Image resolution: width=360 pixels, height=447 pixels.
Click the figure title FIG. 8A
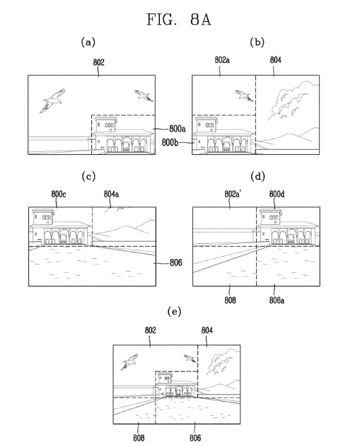coord(179,20)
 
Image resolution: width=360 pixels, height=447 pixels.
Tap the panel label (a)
coord(88,42)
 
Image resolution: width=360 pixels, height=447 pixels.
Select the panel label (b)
coord(257,42)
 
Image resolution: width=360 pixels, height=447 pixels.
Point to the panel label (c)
coord(88,176)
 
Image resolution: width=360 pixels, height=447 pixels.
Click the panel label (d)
coord(257,176)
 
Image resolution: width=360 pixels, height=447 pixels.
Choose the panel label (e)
coord(174,311)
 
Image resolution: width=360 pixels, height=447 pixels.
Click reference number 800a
coord(178,129)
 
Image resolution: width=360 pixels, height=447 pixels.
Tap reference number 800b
coord(170,142)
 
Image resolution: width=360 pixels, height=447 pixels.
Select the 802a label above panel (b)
coord(222,60)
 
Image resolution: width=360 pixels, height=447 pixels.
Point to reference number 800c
coord(59,195)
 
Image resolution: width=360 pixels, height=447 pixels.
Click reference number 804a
coord(112,195)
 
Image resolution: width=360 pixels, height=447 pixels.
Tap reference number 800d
coord(277,195)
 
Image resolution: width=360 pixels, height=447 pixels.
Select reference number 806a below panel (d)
coord(277,300)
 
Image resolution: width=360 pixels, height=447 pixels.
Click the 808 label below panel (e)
coord(139,438)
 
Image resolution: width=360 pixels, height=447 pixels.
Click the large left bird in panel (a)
coord(53,100)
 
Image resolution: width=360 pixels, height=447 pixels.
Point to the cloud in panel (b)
coord(293,100)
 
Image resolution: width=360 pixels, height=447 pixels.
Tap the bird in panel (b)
coord(244,95)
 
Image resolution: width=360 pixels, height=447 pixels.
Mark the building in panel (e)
coord(176,385)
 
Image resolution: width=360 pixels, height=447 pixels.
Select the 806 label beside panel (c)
coord(176,262)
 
